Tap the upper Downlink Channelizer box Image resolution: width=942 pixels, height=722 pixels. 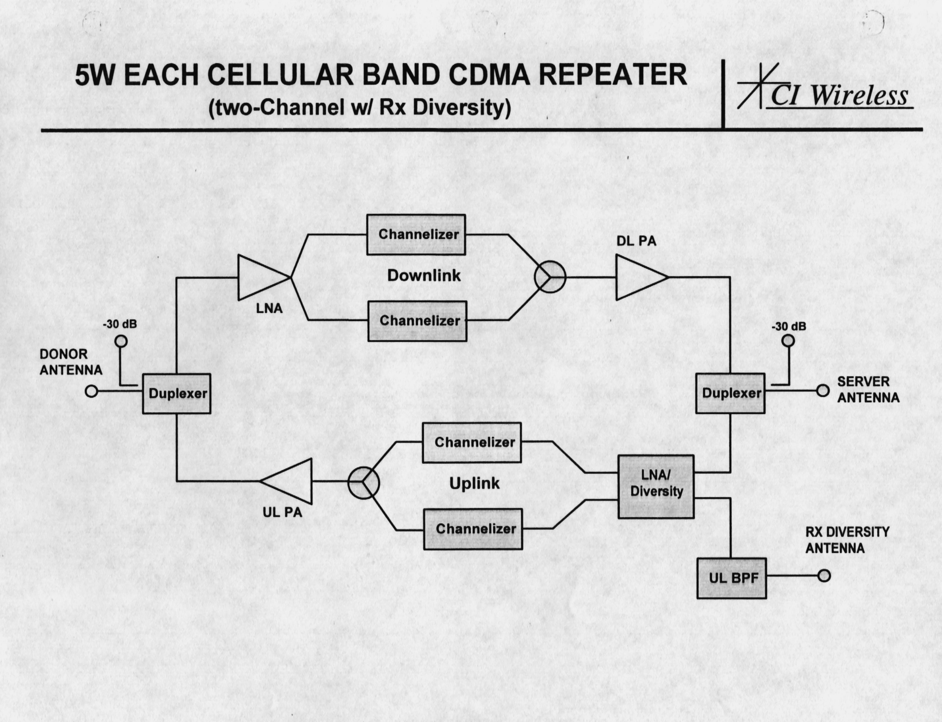(416, 235)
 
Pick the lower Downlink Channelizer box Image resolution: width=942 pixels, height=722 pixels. (417, 321)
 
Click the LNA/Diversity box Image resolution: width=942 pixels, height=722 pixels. (656, 486)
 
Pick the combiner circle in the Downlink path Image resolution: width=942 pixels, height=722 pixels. (550, 277)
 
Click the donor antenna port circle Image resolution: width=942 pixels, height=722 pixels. (91, 391)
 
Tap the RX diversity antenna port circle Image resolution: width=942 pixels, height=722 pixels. (824, 576)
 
